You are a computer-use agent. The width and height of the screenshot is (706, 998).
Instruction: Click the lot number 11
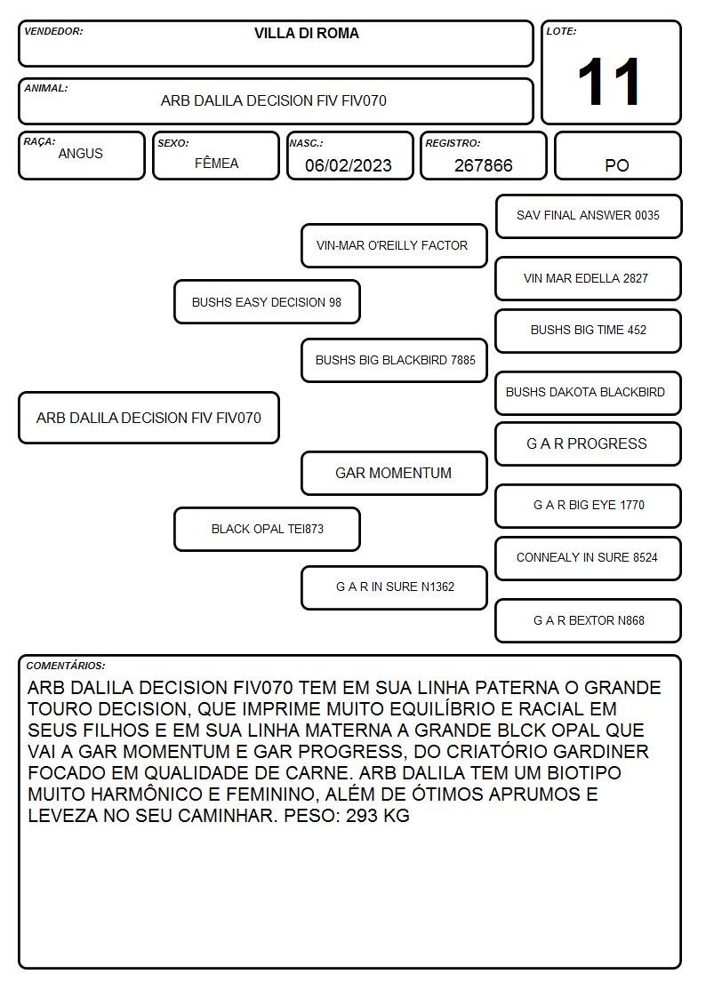click(x=609, y=82)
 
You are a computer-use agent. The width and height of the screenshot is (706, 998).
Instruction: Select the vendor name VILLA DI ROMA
click(x=306, y=33)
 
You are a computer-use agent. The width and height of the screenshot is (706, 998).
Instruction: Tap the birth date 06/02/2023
click(x=349, y=165)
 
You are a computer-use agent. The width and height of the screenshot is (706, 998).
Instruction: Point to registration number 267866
click(x=483, y=165)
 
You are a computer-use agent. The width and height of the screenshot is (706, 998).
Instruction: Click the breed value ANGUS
click(x=80, y=154)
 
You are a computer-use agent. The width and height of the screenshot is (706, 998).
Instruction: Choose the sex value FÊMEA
click(x=216, y=163)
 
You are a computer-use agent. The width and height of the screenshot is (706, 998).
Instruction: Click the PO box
click(x=617, y=156)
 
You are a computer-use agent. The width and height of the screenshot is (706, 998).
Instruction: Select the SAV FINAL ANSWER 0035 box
click(x=589, y=217)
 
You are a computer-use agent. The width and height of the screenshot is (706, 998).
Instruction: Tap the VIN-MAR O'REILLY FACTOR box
click(x=394, y=245)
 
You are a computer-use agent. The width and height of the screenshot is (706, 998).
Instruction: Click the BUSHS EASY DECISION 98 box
click(x=267, y=301)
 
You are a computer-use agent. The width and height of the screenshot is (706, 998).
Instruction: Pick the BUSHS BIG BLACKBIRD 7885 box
click(x=394, y=360)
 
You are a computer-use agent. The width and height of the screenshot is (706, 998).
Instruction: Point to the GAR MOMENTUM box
click(x=394, y=474)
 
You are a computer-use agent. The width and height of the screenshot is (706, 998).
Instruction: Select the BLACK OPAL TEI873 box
click(x=267, y=529)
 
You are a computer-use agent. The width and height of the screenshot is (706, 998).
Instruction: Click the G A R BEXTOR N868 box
click(x=589, y=620)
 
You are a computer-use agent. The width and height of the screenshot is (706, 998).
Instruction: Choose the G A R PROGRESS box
click(x=589, y=444)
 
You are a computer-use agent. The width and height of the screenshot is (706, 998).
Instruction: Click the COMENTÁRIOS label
click(x=66, y=666)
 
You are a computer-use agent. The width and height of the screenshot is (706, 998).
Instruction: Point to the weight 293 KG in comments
click(x=378, y=815)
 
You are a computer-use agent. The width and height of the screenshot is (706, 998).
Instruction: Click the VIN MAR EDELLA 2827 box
click(x=589, y=279)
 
